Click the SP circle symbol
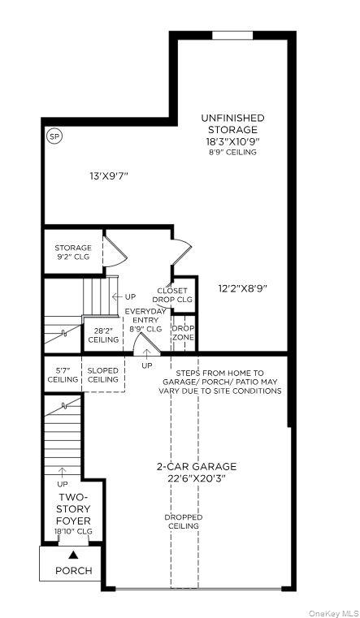(x=55, y=136)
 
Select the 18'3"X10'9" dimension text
(x=232, y=140)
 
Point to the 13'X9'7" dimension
(x=109, y=175)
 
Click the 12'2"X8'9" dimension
(x=243, y=287)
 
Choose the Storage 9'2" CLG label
(x=73, y=253)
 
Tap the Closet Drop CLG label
(x=172, y=295)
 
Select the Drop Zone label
(x=183, y=332)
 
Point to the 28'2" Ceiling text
(x=103, y=335)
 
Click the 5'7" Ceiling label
(x=63, y=374)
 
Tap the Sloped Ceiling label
(x=103, y=374)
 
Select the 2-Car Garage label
(x=197, y=473)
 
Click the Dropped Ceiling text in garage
(x=184, y=521)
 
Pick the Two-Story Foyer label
(x=74, y=508)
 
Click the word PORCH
(x=73, y=570)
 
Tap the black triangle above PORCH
(x=73, y=555)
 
